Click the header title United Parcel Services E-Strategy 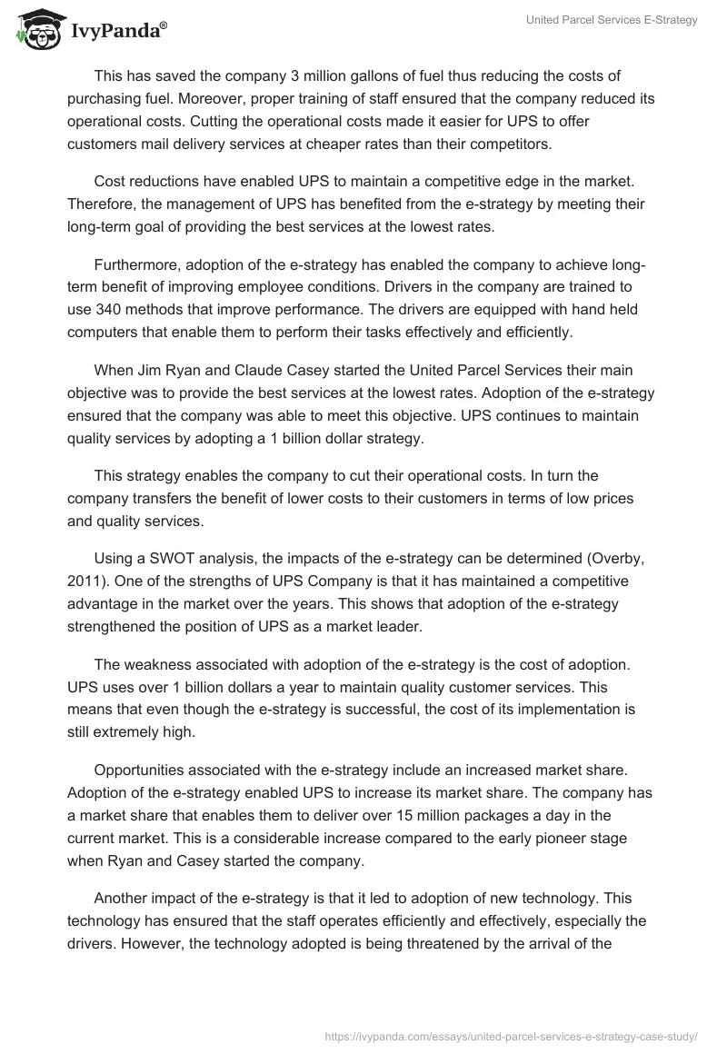coord(612,20)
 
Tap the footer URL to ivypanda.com coord(512,1035)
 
